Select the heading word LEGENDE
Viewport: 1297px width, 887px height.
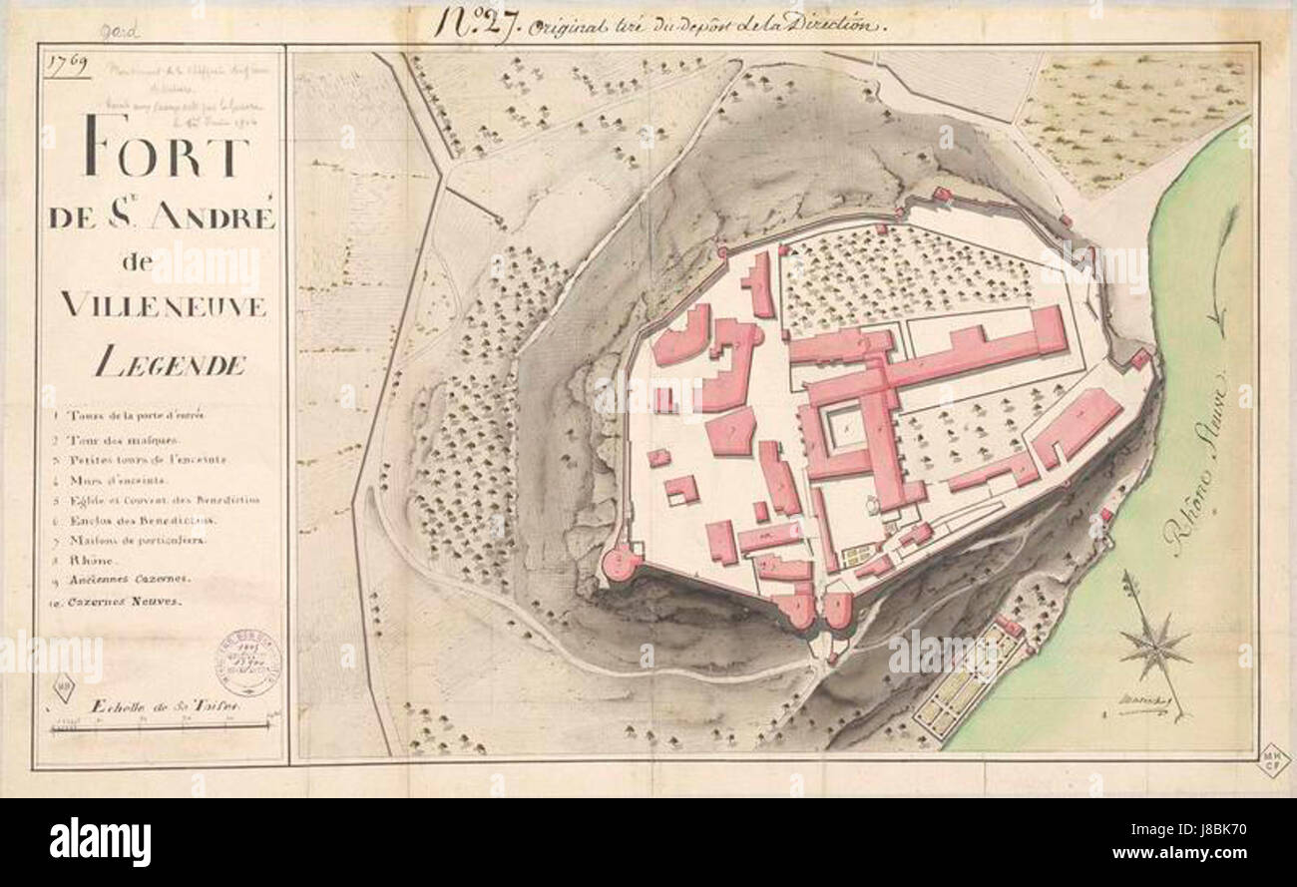pos(170,365)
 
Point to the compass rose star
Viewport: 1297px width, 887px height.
pos(1154,644)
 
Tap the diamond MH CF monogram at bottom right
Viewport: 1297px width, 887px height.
pos(1274,760)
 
